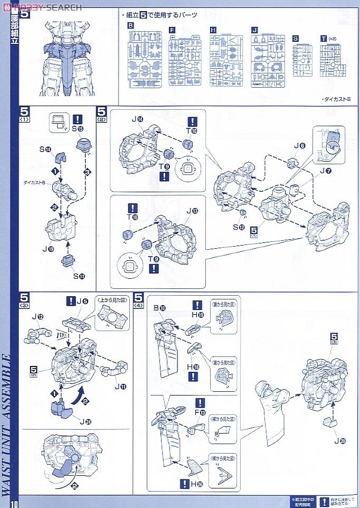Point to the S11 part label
click(x=78, y=276)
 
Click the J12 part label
click(x=37, y=317)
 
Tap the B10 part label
click(x=159, y=308)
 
